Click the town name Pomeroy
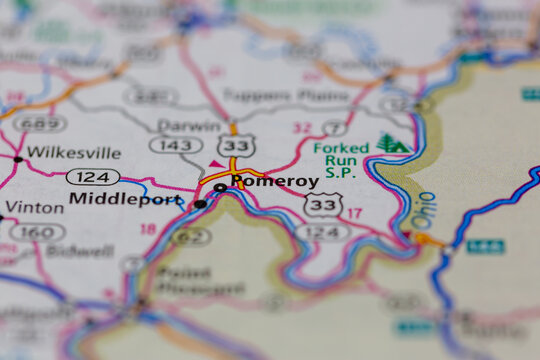tap(275, 182)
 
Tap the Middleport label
tap(125, 199)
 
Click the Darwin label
tap(189, 126)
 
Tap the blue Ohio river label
tap(424, 209)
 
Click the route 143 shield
tap(170, 145)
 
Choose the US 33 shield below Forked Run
tap(323, 204)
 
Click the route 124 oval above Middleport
tap(93, 177)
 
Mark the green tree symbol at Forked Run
tap(392, 144)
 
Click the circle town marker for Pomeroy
tap(220, 187)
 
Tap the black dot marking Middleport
tap(200, 204)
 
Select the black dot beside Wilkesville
tap(18, 159)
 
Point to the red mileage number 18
tap(149, 229)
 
